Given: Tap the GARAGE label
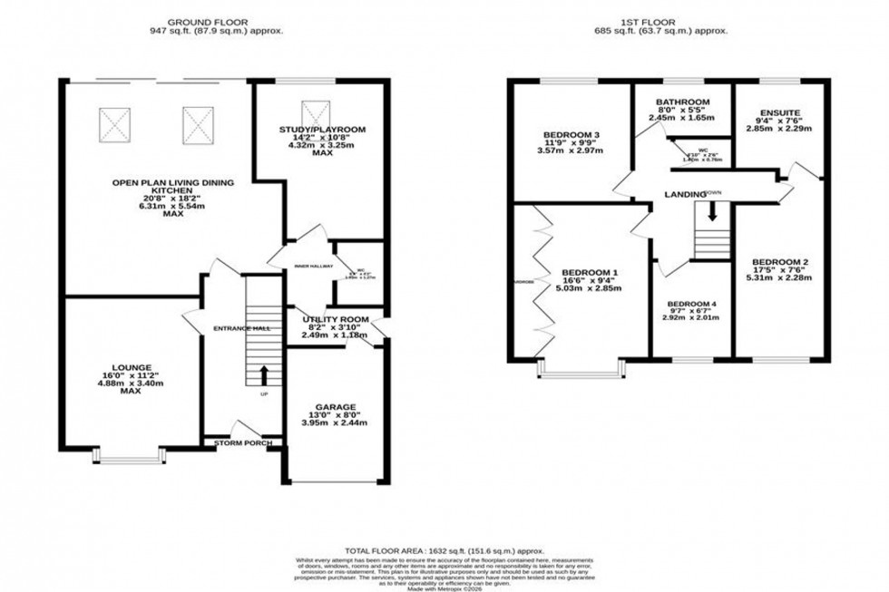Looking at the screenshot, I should point(336,406).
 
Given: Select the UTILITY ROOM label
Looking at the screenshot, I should point(336,320).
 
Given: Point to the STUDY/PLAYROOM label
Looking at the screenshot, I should point(322,130).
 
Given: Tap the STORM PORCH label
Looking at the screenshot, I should point(243,443).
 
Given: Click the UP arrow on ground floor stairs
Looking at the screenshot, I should point(264,374).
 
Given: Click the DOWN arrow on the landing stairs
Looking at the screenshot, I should point(712,211).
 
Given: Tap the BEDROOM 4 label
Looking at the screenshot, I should point(691,304).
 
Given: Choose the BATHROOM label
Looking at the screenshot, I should point(684,102).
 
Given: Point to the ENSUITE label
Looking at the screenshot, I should point(780,113).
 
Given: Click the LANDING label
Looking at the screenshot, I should point(685,194).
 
